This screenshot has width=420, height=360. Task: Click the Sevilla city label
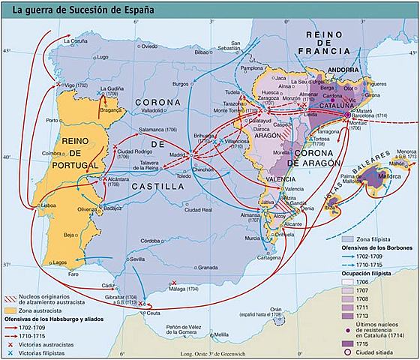137,259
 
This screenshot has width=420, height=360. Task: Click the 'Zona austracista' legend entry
41,310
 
